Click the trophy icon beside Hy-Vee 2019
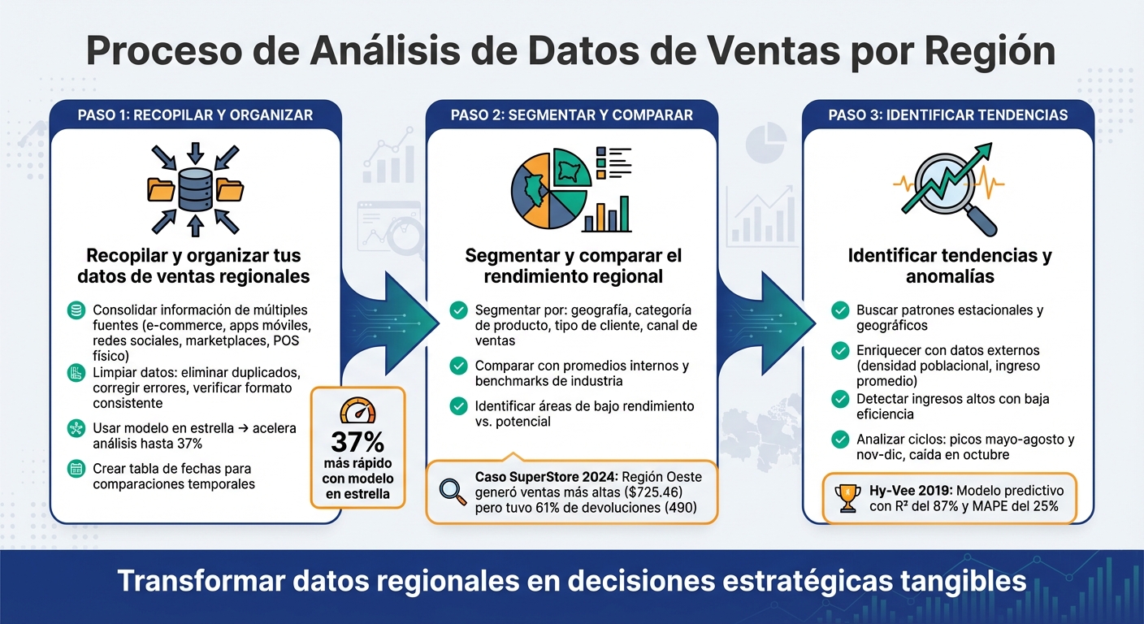click(847, 498)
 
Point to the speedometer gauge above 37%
click(357, 411)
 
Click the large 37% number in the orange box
click(357, 443)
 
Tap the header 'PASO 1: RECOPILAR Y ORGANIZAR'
click(195, 115)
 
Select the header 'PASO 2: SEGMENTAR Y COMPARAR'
click(572, 115)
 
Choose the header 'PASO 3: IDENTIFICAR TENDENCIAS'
click(948, 115)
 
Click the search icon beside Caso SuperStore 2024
click(451, 490)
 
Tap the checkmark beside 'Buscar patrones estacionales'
click(840, 310)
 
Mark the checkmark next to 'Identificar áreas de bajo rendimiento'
click(458, 405)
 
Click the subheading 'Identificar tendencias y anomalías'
click(949, 266)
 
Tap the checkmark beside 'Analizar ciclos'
click(840, 440)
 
